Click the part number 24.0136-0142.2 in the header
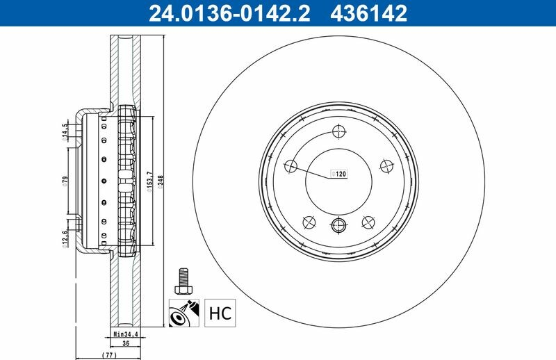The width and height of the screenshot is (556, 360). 229,13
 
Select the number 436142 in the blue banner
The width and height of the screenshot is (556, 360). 369,13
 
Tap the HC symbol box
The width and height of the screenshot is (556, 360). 220,313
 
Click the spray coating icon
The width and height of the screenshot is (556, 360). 183,313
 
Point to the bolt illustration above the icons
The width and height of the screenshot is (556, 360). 183,281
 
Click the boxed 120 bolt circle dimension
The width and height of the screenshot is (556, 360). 338,174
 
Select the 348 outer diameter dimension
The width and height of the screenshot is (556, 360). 161,182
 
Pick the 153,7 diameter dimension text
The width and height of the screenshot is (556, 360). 149,181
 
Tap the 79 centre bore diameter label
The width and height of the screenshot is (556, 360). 65,181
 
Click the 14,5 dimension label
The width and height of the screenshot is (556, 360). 65,132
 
